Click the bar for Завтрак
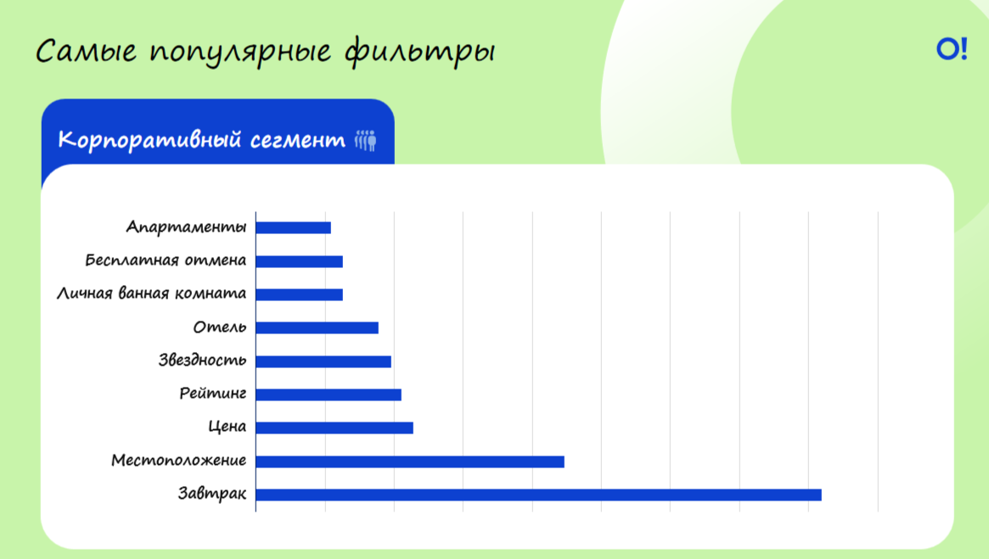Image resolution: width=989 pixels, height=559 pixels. [x=539, y=495]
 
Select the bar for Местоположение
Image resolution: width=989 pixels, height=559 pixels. [x=410, y=462]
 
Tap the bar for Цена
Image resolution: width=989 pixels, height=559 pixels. [x=334, y=428]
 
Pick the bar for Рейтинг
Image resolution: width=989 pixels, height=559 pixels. [x=329, y=394]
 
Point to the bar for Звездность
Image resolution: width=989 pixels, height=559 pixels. [x=323, y=361]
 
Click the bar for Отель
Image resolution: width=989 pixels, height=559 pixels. [x=317, y=327]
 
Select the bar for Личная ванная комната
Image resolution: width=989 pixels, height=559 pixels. [x=300, y=294]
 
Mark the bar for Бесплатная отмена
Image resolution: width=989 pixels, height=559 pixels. [x=300, y=261]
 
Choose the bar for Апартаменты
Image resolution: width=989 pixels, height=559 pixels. [x=293, y=227]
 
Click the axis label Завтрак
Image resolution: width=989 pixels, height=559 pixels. [x=212, y=494]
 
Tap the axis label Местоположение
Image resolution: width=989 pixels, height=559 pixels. [x=178, y=460]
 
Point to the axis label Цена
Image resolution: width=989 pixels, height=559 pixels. [x=227, y=427]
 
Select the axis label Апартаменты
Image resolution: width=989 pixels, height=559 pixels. [x=186, y=226]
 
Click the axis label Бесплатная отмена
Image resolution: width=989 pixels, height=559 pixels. [x=166, y=260]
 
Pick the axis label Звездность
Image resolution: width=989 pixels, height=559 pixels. [x=202, y=360]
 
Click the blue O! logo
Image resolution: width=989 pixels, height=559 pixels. [x=952, y=48]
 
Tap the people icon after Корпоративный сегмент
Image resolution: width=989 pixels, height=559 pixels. [x=365, y=140]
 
